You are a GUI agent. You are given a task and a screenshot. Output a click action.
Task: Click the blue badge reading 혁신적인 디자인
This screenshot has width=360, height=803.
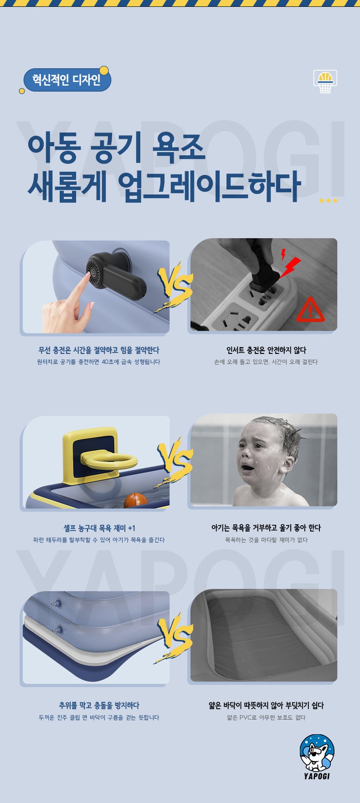67,80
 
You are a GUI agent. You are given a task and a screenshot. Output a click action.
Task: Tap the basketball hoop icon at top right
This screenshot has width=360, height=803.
325,81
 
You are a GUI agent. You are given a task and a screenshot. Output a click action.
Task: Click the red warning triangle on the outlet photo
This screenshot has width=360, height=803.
311,310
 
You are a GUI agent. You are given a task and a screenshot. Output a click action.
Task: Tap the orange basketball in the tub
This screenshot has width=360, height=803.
136,500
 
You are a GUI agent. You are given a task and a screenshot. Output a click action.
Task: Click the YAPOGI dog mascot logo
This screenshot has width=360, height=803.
317,753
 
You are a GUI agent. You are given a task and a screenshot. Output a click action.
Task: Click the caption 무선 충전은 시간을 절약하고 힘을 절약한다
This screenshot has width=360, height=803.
99,350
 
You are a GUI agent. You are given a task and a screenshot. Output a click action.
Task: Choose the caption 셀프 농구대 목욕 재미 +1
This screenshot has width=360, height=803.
99,528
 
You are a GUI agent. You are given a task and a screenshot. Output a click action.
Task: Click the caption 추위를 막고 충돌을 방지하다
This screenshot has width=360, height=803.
99,705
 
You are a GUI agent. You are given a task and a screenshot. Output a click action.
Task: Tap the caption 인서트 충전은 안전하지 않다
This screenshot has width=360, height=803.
266,350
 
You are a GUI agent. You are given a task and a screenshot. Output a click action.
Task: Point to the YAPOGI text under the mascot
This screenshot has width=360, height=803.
317,776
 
